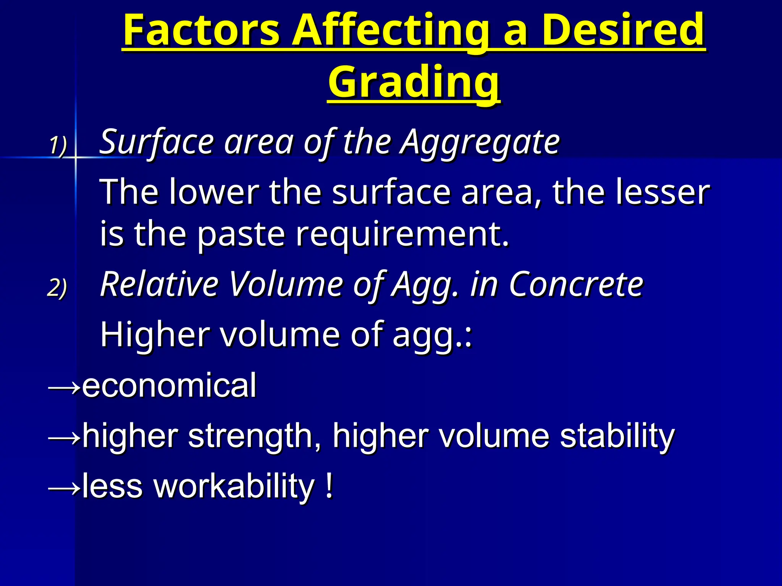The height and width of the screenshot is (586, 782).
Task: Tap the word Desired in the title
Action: tap(623, 30)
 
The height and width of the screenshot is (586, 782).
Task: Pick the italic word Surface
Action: tap(157, 142)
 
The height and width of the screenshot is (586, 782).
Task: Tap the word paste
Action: tap(241, 234)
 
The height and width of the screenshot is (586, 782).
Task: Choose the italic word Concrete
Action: tap(577, 284)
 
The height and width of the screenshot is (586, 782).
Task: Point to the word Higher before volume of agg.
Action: tap(155, 334)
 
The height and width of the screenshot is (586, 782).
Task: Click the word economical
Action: tap(169, 385)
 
